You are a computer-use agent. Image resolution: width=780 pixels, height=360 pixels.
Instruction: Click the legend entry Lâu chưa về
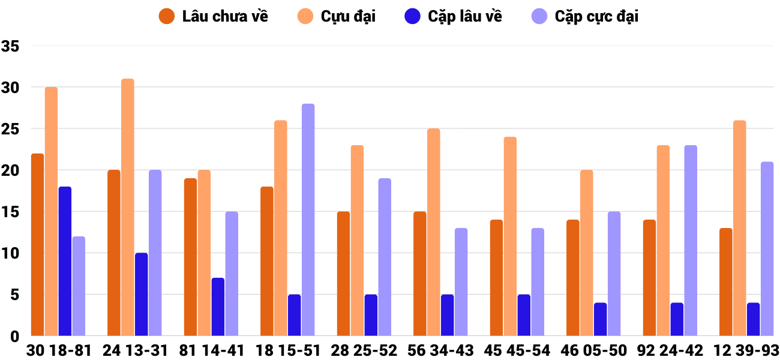point(214,16)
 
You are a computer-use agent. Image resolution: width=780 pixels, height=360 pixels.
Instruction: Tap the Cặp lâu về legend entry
point(453,16)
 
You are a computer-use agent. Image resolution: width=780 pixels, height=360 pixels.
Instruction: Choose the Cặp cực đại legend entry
point(585,16)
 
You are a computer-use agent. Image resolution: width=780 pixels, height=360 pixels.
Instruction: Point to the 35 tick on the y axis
point(10,46)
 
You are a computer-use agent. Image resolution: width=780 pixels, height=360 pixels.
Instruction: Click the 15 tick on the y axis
point(10,212)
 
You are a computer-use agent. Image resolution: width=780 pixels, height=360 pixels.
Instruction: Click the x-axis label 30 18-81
point(58,350)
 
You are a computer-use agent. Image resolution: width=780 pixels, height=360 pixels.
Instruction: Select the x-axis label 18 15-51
point(287,350)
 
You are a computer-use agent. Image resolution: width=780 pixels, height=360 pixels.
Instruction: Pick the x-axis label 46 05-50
point(593,350)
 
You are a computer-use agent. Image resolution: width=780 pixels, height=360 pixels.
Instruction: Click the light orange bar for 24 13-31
point(128,207)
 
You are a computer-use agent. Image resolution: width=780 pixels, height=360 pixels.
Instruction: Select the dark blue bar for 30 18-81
point(65,261)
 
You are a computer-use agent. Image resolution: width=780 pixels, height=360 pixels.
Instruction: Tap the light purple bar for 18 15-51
point(308,220)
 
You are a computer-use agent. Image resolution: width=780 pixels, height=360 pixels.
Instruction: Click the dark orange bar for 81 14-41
point(191,257)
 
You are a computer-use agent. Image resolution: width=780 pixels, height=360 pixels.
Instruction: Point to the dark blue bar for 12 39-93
point(754,319)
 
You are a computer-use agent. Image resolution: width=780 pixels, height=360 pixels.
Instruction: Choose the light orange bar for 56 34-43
point(434,232)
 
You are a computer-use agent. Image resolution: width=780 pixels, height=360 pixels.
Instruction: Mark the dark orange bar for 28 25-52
point(344,274)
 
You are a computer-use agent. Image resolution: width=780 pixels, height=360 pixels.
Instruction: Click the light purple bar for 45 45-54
point(538,282)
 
